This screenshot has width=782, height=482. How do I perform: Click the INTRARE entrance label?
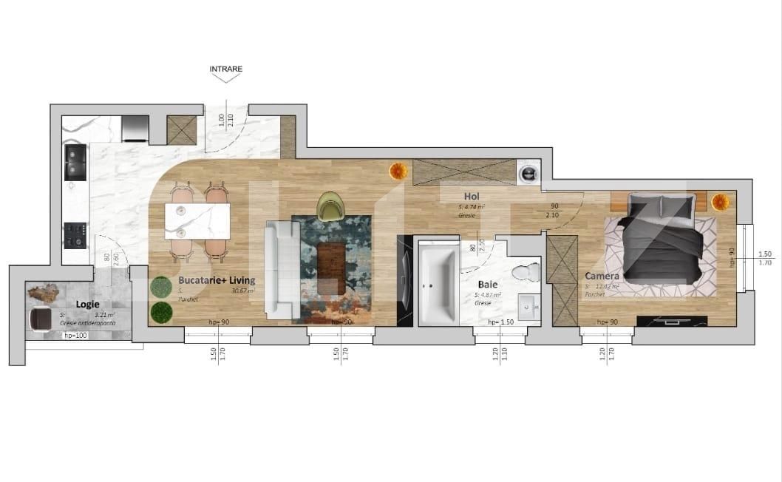(x=225, y=69)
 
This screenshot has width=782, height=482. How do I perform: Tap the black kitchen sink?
(x=75, y=163)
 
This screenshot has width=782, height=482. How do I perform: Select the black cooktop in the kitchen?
(x=75, y=235)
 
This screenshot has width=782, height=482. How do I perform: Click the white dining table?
(x=197, y=220)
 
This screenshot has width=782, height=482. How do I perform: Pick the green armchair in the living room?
(x=330, y=206)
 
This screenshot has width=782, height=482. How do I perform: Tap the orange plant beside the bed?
(x=720, y=200)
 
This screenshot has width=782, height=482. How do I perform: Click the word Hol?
(x=472, y=197)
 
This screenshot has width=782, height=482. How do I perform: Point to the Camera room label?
(x=602, y=276)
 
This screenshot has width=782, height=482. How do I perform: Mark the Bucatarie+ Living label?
(x=217, y=280)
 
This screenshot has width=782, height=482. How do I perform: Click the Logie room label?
(x=87, y=304)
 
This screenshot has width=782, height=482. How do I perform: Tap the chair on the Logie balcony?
(x=40, y=319)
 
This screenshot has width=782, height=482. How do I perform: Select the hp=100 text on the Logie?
(x=76, y=336)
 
